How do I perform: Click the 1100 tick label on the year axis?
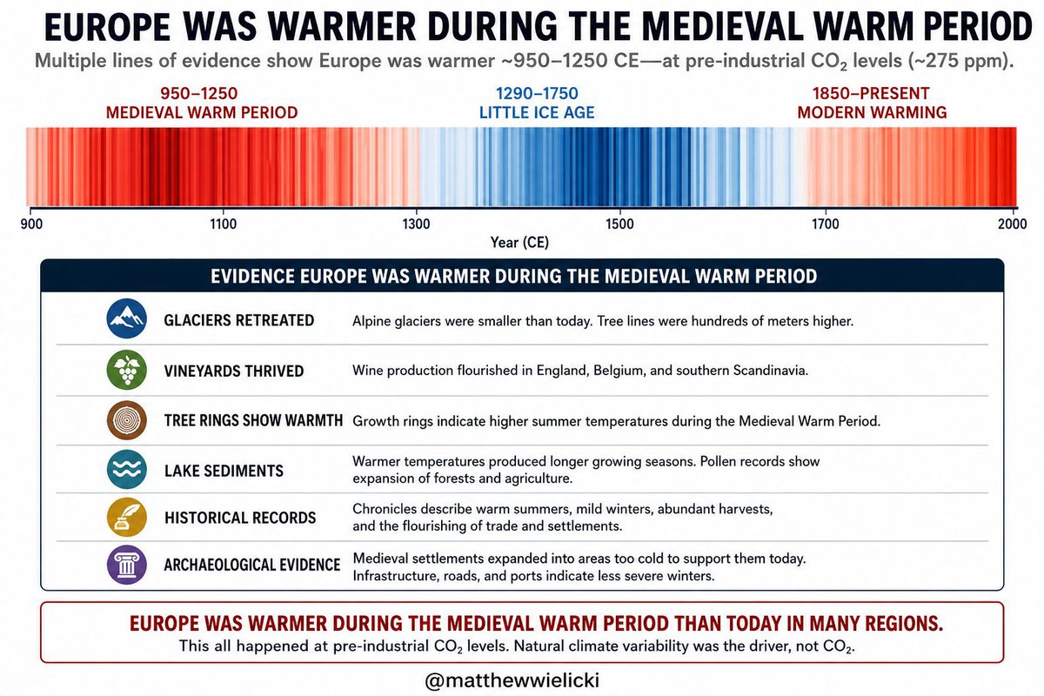pyautogui.click(x=223, y=224)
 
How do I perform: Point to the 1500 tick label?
pyautogui.click(x=619, y=224)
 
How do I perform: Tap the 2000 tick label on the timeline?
pyautogui.click(x=1012, y=224)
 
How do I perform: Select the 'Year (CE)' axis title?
pyautogui.click(x=519, y=243)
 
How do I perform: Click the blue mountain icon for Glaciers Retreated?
pyautogui.click(x=127, y=318)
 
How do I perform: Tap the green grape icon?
pyautogui.click(x=127, y=370)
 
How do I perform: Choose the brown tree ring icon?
pyautogui.click(x=127, y=420)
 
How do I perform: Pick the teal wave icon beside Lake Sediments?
pyautogui.click(x=127, y=470)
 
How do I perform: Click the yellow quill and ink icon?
pyautogui.click(x=127, y=517)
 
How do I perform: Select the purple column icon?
pyautogui.click(x=127, y=565)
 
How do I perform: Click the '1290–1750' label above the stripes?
pyautogui.click(x=537, y=94)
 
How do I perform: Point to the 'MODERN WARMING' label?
pyautogui.click(x=872, y=113)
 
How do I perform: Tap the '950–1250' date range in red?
pyautogui.click(x=199, y=94)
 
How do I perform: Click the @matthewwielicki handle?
pyautogui.click(x=512, y=680)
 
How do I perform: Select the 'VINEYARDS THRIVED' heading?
pyautogui.click(x=234, y=371)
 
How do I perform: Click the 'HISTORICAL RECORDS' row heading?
pyautogui.click(x=240, y=518)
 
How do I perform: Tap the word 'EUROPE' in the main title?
pyautogui.click(x=108, y=27)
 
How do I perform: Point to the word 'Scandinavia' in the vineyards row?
pyautogui.click(x=770, y=371)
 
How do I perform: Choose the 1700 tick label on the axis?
pyautogui.click(x=826, y=224)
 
